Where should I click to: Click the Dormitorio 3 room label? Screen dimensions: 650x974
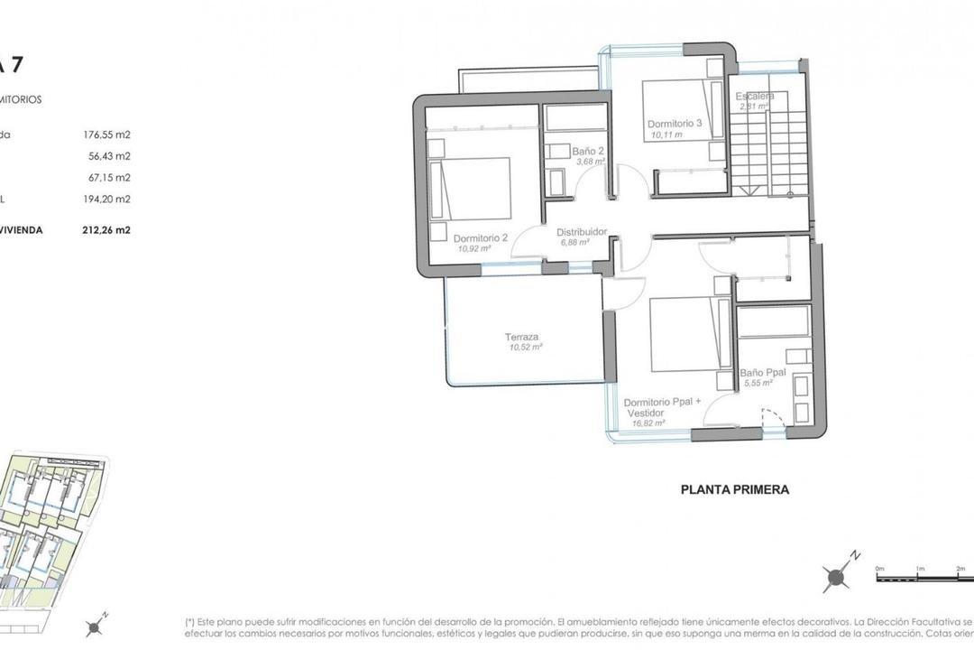674,124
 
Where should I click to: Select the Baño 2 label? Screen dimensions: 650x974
587,151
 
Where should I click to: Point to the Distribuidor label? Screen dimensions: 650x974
581,231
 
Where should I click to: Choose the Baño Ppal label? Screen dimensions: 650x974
763,372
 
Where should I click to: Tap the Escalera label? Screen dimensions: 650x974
755,97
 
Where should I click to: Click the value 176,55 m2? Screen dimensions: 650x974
107,135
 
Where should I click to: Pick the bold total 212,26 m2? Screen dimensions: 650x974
107,230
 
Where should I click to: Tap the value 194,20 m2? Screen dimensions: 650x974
107,199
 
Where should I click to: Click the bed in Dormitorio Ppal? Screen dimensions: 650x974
691,333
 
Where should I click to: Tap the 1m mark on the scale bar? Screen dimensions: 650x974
920,570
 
